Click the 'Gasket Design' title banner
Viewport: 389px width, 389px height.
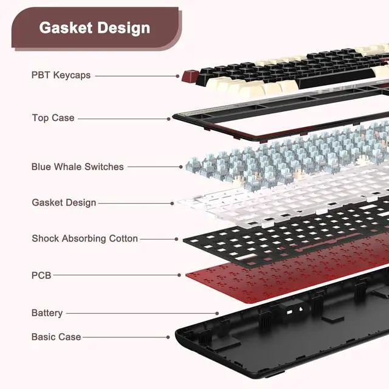pos(94,27)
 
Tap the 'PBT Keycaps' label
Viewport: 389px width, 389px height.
pos(61,75)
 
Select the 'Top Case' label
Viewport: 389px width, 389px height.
pos(53,117)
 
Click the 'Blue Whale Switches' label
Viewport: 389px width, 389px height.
pos(77,167)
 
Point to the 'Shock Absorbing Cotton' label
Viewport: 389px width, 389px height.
pos(84,239)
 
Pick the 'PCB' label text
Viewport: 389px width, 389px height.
pos(41,275)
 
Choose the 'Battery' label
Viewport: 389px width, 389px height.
pos(47,313)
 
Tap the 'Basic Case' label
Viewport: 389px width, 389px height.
pos(56,337)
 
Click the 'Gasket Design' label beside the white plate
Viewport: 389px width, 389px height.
pos(64,202)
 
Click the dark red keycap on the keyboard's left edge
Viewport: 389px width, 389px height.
pos(190,76)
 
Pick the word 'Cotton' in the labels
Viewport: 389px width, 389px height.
pos(123,239)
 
